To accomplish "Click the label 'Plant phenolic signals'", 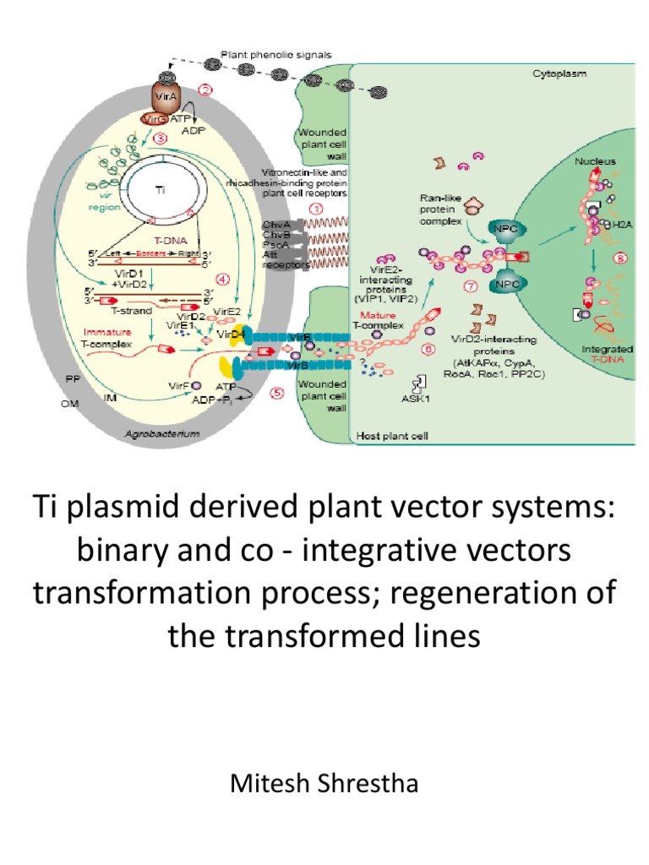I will click(276, 55).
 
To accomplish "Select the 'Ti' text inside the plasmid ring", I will click(160, 190).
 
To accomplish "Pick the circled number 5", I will click(277, 392).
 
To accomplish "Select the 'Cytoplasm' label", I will click(558, 74).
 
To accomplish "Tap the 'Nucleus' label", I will click(596, 160).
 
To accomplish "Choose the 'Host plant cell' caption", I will click(389, 436).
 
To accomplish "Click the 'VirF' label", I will click(177, 386).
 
